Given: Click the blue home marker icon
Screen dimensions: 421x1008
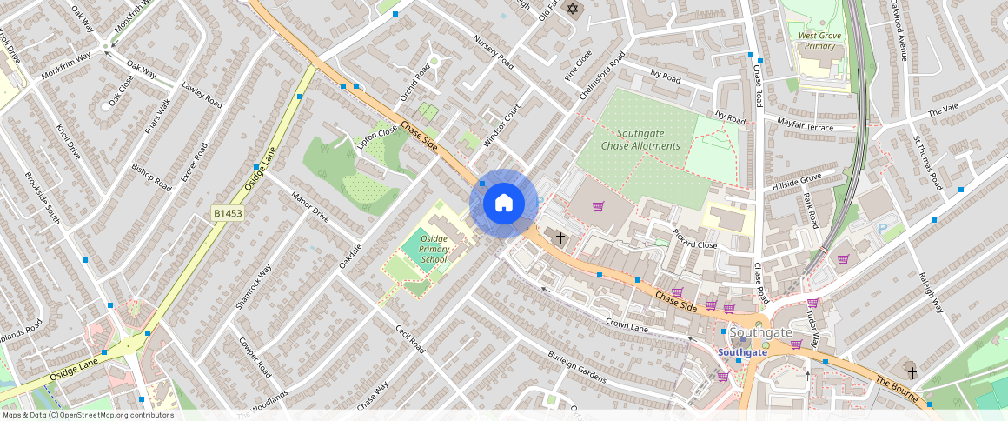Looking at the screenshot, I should click(x=503, y=204).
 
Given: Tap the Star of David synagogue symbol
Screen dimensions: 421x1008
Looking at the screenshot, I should click(x=572, y=9).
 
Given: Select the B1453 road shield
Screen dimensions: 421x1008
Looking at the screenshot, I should click(x=228, y=212).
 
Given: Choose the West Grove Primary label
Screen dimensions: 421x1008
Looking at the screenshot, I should click(x=819, y=40).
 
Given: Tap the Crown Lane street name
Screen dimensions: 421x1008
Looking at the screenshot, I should click(x=627, y=324).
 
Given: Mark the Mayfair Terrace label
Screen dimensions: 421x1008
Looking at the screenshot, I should click(x=804, y=125).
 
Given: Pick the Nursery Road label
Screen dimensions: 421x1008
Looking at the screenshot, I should click(x=494, y=52).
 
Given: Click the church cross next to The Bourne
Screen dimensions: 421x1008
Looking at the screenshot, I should click(x=912, y=370).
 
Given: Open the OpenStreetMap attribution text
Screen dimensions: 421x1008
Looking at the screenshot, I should click(x=88, y=415).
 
